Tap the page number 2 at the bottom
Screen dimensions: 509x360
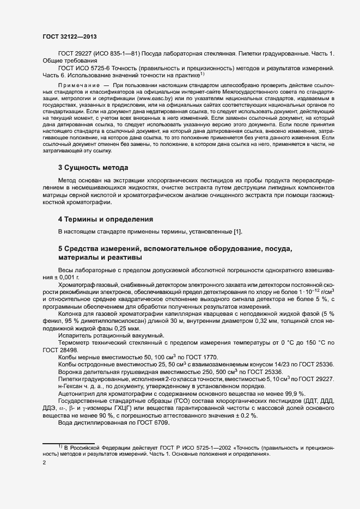click(x=44, y=463)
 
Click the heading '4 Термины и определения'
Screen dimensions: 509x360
click(x=106, y=219)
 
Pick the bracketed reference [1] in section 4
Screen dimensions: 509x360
click(x=237, y=232)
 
